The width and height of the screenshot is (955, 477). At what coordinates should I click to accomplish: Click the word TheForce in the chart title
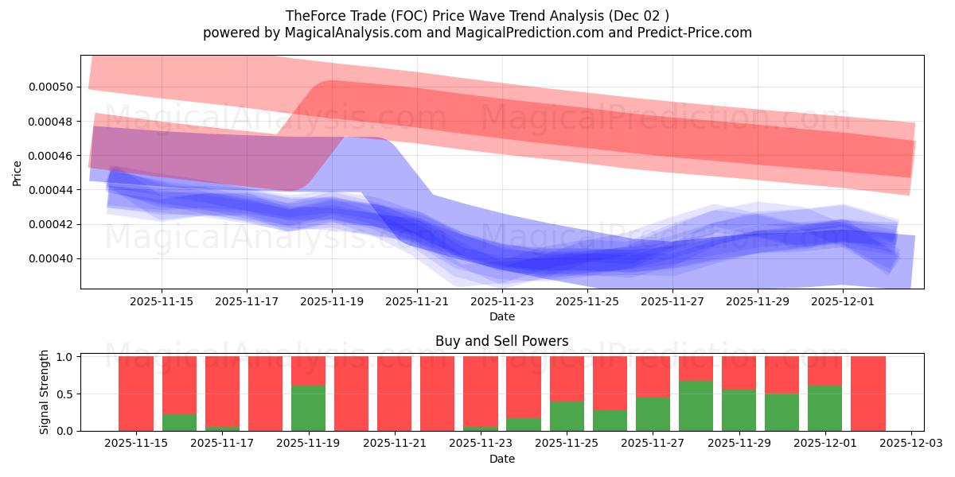[x=312, y=15]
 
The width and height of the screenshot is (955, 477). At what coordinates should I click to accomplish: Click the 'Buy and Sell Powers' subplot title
[x=501, y=341]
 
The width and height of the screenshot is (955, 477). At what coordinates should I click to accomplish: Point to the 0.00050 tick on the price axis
[x=50, y=87]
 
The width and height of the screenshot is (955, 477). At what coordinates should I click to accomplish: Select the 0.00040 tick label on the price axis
[x=50, y=258]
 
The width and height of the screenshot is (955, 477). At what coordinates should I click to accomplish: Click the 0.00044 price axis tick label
[x=50, y=190]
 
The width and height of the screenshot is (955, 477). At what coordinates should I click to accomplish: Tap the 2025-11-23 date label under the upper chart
[x=502, y=301]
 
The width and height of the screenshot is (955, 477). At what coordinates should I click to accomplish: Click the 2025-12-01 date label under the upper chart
[x=843, y=301]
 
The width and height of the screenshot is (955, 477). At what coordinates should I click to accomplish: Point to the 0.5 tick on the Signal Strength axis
[x=66, y=394]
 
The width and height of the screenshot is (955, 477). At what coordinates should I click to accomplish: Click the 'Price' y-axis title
[x=18, y=173]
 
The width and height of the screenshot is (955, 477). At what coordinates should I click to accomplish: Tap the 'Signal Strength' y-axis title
[x=45, y=392]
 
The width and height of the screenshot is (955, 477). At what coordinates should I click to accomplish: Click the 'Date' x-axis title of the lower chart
[x=501, y=459]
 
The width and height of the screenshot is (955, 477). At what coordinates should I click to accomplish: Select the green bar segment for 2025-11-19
[x=308, y=408]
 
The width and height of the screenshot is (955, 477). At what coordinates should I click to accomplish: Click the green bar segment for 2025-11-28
[x=696, y=405]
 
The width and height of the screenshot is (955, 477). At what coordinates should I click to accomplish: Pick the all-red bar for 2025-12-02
[x=867, y=394]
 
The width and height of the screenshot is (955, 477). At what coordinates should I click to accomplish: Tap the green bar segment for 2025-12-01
[x=824, y=408]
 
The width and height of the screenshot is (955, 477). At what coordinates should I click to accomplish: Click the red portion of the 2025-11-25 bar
[x=567, y=378]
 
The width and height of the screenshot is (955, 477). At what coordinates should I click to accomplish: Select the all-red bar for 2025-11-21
[x=394, y=394]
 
